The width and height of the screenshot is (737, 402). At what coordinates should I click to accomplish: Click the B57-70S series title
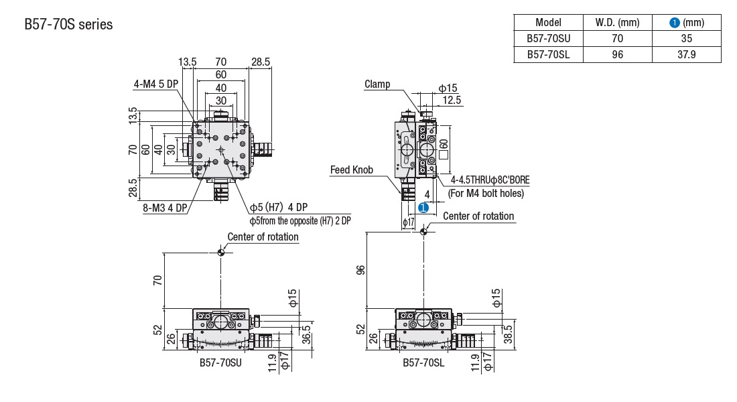(x=68, y=25)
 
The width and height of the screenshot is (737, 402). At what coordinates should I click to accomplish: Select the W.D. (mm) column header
(x=617, y=23)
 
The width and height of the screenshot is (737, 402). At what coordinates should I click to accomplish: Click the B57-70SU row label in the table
(x=548, y=39)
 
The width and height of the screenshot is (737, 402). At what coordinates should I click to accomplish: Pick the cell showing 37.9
(x=686, y=55)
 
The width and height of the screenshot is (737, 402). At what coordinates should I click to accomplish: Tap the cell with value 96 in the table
(x=617, y=55)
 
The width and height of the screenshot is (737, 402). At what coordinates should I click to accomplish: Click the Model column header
(x=548, y=23)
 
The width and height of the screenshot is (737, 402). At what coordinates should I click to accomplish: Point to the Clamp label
(x=377, y=84)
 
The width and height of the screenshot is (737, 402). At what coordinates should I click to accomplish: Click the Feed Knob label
(x=351, y=170)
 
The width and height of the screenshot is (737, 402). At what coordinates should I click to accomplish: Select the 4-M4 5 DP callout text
(x=156, y=84)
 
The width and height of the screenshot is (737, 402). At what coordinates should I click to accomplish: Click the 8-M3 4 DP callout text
(x=164, y=208)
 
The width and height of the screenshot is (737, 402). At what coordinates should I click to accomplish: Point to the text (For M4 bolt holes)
(x=485, y=194)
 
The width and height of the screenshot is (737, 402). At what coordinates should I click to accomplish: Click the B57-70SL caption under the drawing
(x=423, y=362)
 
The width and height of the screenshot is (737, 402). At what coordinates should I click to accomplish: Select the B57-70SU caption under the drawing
(x=220, y=362)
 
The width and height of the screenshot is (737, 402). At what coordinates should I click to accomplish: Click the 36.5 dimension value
(x=306, y=333)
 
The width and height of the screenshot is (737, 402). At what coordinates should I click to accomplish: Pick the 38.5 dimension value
(x=507, y=333)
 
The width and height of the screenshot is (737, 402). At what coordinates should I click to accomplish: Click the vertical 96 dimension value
(x=360, y=271)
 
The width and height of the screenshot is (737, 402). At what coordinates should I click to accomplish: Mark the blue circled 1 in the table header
(x=675, y=23)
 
